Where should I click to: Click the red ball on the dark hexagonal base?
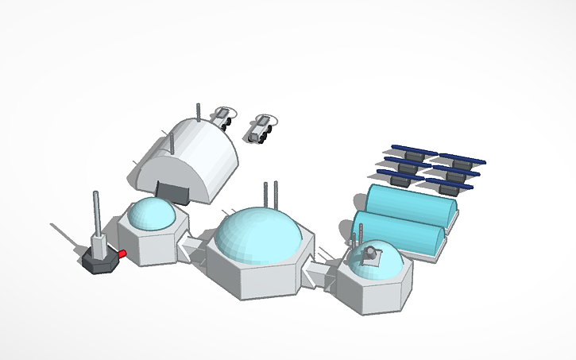[123, 254]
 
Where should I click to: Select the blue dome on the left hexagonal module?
[151, 215]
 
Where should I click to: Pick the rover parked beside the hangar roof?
[222, 118]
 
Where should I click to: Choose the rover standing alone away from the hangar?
[259, 129]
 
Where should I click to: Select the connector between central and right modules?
[318, 273]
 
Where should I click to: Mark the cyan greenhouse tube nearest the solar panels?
[410, 207]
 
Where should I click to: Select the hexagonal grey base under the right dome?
[373, 290]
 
